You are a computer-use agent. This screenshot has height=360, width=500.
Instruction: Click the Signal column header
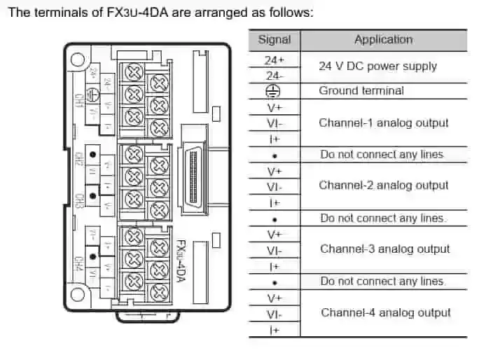(x=274, y=40)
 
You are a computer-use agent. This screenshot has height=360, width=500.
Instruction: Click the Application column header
(x=384, y=40)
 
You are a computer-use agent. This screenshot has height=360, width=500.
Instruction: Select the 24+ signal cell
(x=274, y=60)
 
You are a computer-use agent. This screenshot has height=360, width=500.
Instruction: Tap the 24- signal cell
(x=274, y=75)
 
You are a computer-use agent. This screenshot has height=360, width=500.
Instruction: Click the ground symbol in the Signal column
(x=274, y=91)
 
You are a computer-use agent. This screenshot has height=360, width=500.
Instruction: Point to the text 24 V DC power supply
(x=377, y=67)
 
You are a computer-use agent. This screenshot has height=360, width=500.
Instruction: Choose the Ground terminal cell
(x=361, y=91)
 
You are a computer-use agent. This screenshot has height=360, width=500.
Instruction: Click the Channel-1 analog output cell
(x=384, y=123)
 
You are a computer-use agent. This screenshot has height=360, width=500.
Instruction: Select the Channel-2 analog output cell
(x=384, y=186)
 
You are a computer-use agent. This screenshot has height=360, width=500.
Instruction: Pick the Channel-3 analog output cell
(x=384, y=249)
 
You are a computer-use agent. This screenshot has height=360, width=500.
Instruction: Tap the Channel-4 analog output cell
(x=386, y=313)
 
